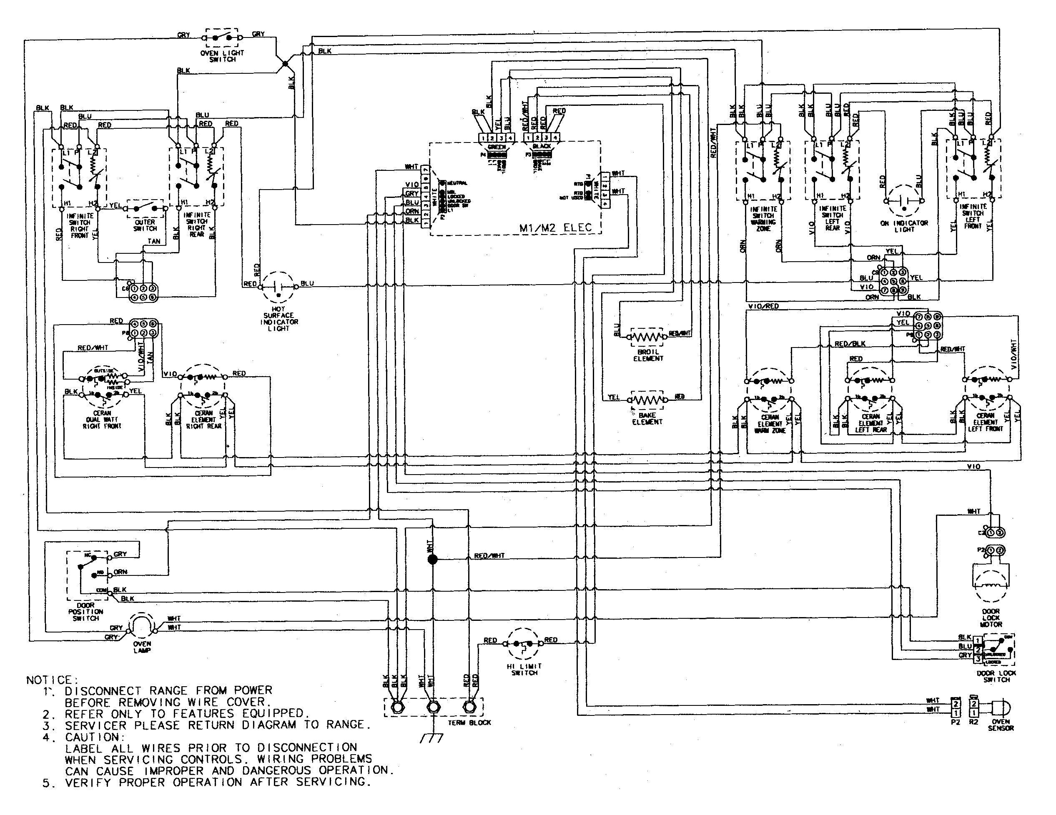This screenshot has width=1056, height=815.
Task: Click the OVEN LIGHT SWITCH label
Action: click(222, 56)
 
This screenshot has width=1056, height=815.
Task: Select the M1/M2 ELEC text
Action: click(555, 227)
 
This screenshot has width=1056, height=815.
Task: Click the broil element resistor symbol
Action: click(647, 336)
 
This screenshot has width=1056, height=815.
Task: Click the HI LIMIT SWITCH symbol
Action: click(523, 644)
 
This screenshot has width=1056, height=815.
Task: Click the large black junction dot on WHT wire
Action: click(433, 559)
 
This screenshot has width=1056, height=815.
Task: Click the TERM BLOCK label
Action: click(469, 722)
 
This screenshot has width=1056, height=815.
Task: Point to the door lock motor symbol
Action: click(990, 586)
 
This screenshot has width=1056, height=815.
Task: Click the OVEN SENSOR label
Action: click(1001, 725)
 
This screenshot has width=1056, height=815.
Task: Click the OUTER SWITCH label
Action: click(145, 225)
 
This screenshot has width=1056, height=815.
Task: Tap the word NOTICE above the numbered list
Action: click(49, 680)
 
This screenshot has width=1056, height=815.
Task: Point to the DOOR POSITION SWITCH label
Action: click(85, 612)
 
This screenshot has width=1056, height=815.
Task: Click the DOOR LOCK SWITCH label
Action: click(996, 676)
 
